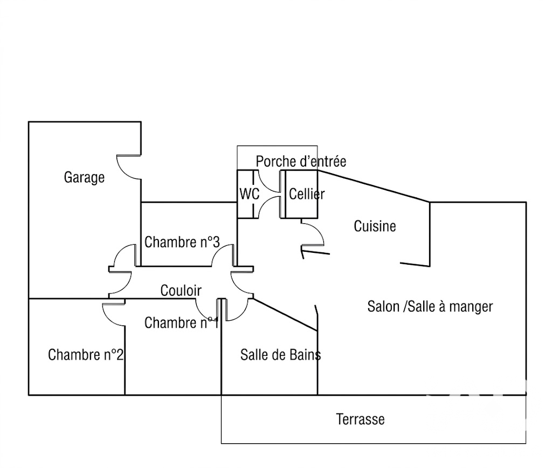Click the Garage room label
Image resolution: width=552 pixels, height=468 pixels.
pyautogui.click(x=84, y=177)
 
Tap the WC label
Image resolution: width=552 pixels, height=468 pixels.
pyautogui.click(x=249, y=194)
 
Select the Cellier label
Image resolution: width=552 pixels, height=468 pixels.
pyautogui.click(x=307, y=194)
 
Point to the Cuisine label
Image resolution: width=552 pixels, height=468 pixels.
pyautogui.click(x=375, y=226)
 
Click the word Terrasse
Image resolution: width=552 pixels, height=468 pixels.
pyautogui.click(x=360, y=419)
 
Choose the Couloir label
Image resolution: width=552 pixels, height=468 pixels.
pyautogui.click(x=181, y=291)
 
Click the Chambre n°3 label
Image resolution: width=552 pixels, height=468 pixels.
pyautogui.click(x=182, y=242)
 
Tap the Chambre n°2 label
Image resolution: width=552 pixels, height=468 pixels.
pyautogui.click(x=86, y=355)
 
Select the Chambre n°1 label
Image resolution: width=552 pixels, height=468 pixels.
pyautogui.click(x=182, y=322)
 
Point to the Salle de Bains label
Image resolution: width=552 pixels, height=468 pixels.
pyautogui.click(x=280, y=355)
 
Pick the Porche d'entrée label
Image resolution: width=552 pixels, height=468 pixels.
pyautogui.click(x=301, y=161)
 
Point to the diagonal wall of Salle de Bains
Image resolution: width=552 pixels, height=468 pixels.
pyautogui.click(x=285, y=315)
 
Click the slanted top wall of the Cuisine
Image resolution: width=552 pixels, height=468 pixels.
pyautogui.click(x=374, y=186)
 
